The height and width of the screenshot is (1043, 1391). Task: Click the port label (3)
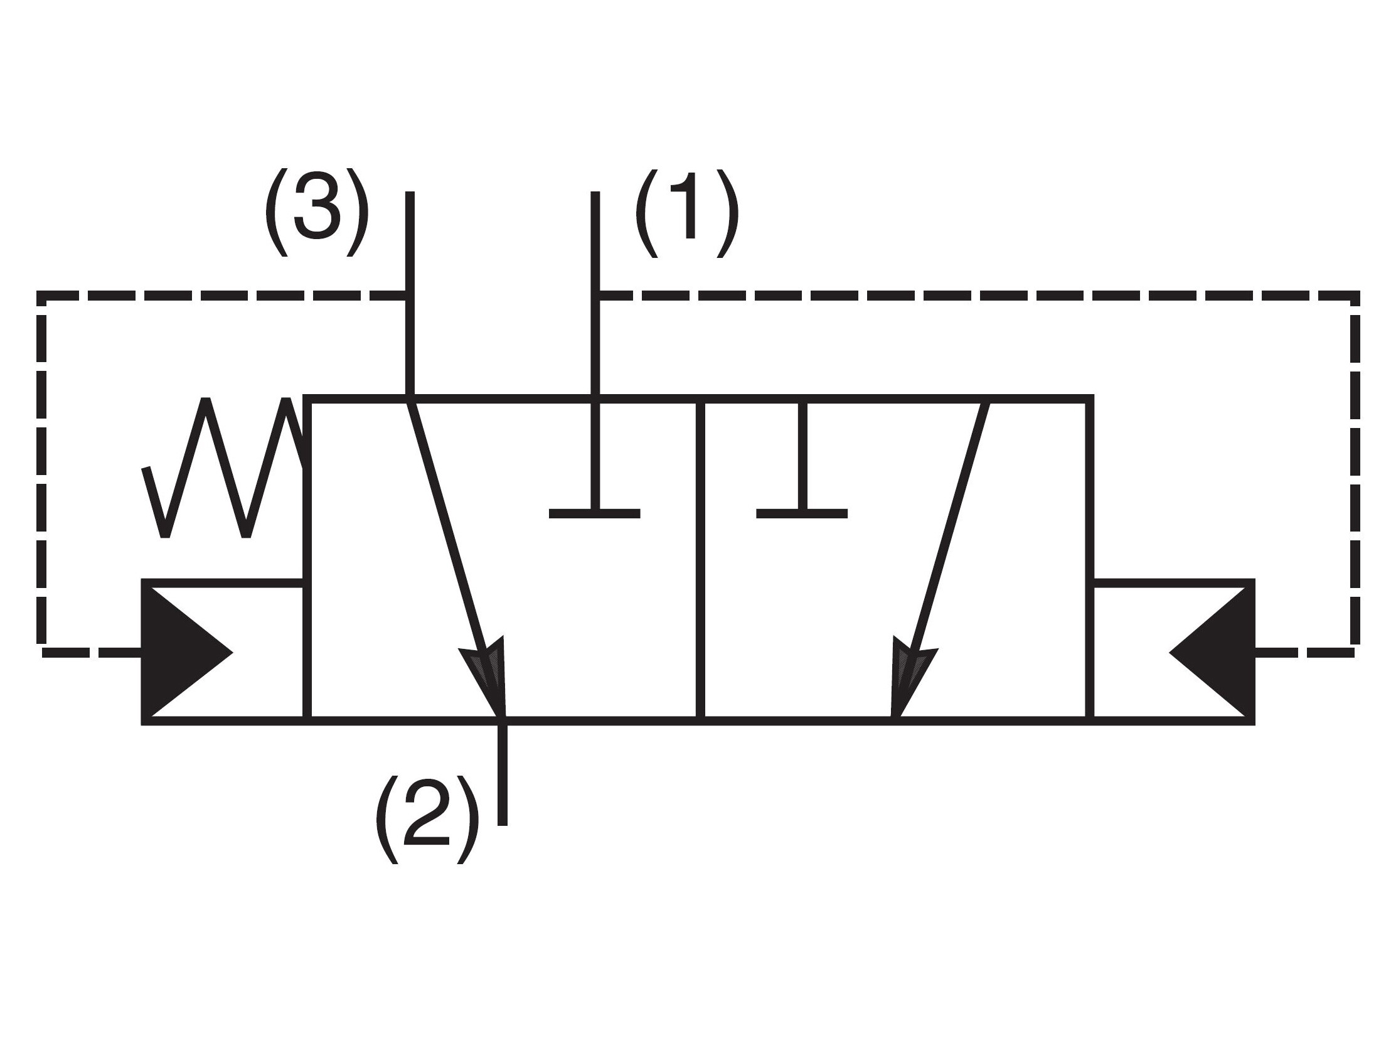pyautogui.click(x=316, y=212)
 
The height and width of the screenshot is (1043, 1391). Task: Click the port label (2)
pyautogui.click(x=427, y=819)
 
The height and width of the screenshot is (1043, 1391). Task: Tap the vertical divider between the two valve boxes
pyautogui.click(x=701, y=559)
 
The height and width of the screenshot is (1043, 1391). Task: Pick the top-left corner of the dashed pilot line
pyautogui.click(x=41, y=296)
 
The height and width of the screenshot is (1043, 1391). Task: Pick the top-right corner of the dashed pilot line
pyautogui.click(x=1355, y=296)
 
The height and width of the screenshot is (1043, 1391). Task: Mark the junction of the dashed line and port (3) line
pyautogui.click(x=410, y=296)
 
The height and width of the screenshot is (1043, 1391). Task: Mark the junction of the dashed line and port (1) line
pyautogui.click(x=595, y=296)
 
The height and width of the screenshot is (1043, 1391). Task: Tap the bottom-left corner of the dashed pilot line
pyautogui.click(x=41, y=653)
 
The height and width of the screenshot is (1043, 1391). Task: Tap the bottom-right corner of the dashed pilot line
pyautogui.click(x=1355, y=653)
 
